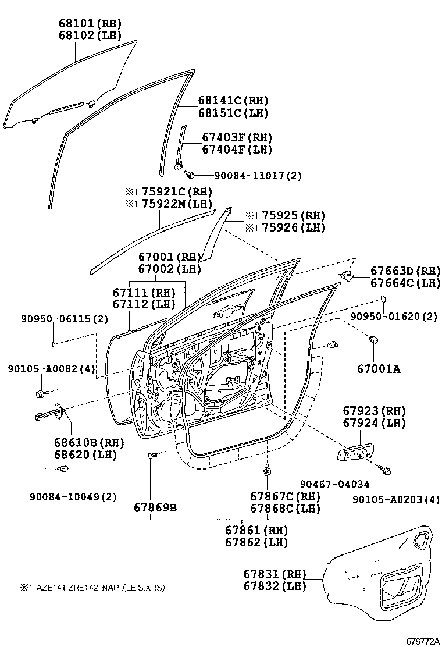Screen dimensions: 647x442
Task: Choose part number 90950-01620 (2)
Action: pos(393,317)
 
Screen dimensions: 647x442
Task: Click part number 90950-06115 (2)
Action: pos(65,318)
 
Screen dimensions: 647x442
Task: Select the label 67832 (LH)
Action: pos(275,586)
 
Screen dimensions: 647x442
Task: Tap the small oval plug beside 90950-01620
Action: pos(384,300)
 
